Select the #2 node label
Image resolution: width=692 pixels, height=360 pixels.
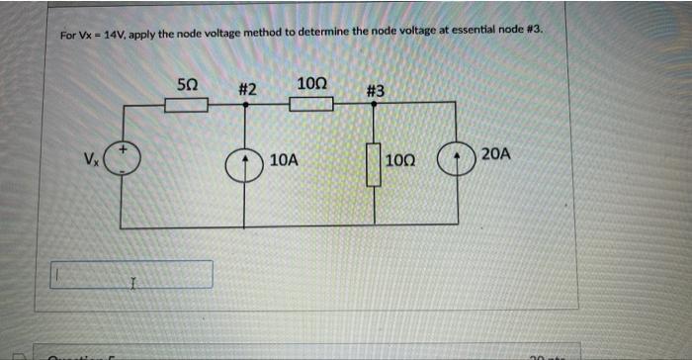tap(247, 90)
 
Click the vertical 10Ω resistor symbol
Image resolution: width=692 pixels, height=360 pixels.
tap(374, 164)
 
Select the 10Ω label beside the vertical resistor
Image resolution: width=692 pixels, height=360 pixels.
tap(402, 159)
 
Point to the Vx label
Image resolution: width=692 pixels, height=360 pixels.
tap(91, 159)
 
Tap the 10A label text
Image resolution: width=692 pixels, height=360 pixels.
tap(284, 158)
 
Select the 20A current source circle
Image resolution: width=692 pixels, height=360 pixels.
tap(456, 158)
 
